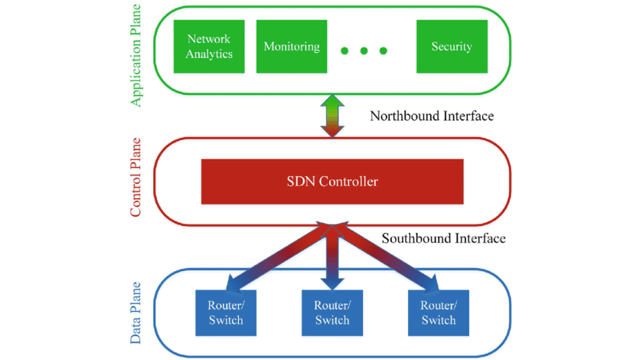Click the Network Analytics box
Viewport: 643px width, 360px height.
pyautogui.click(x=209, y=47)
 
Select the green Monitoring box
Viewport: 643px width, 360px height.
pyautogui.click(x=291, y=47)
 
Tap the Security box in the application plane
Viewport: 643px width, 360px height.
pyautogui.click(x=451, y=47)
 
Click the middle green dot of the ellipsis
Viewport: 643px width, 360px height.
pyautogui.click(x=364, y=51)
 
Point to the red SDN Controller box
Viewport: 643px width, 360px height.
pyautogui.click(x=331, y=182)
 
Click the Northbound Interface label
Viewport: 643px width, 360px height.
pyautogui.click(x=432, y=116)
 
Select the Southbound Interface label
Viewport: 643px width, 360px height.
pyautogui.click(x=443, y=238)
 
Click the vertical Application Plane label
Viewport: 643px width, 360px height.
pyautogui.click(x=136, y=58)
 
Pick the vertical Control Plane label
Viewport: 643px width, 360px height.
pyautogui.click(x=136, y=178)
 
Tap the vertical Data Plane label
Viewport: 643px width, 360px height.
pyautogui.click(x=136, y=313)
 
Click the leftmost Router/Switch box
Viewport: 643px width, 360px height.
pyautogui.click(x=225, y=313)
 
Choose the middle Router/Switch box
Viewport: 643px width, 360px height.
pyautogui.click(x=331, y=313)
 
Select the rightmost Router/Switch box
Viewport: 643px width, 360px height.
pyautogui.click(x=439, y=313)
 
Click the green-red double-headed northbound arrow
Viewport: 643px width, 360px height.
pyautogui.click(x=332, y=116)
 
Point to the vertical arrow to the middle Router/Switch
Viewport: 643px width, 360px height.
pyautogui.click(x=331, y=260)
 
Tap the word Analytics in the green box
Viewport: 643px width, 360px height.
pyautogui.click(x=209, y=54)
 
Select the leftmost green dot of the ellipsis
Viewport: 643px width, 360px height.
pyautogui.click(x=345, y=51)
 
